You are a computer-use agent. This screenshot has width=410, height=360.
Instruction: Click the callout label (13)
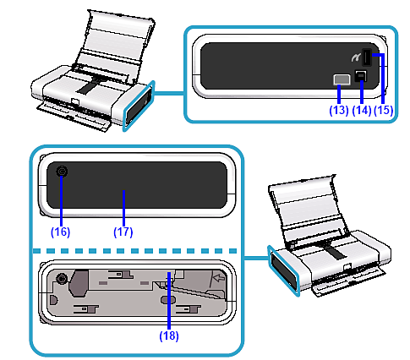pos(339,110)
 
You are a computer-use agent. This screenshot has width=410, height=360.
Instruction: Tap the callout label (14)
pos(362,110)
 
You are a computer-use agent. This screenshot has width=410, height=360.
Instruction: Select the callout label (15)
pos(384,110)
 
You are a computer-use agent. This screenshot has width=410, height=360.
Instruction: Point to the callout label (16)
pos(60,232)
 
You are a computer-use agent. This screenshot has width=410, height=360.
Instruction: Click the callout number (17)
pos(123,232)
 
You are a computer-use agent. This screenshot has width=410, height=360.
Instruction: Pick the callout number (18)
pos(169,336)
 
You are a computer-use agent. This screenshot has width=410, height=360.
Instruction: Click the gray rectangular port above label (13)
pos(342,79)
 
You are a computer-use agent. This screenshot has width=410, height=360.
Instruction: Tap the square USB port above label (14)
pos(361,76)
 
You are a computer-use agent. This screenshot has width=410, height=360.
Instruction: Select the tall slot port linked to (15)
pos(366,57)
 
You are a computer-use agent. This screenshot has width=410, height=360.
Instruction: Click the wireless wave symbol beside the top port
pos(356,57)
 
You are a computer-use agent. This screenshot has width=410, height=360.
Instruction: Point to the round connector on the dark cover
pos(63,171)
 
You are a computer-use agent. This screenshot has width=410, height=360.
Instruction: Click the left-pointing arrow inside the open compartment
pos(219,278)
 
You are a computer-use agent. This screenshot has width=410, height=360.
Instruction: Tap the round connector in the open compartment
pos(62,278)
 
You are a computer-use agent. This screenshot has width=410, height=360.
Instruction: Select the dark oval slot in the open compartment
pos(168,300)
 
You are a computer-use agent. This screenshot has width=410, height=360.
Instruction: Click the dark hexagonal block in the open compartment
pos(79,283)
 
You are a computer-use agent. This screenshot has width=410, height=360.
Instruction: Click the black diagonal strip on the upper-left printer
pos(90,86)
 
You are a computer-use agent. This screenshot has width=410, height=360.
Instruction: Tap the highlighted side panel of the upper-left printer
pos(139,106)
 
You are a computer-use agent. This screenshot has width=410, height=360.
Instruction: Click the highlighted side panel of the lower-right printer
pos(284,271)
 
